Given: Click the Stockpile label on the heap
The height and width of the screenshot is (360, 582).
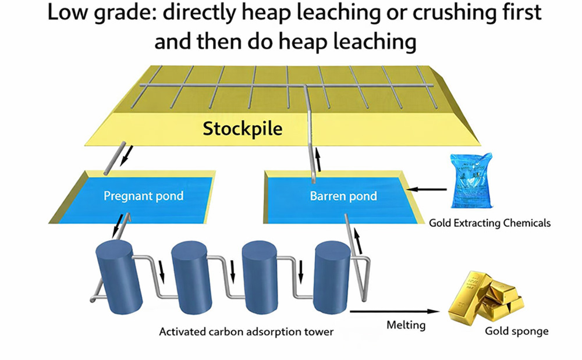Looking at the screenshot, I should (x=242, y=129).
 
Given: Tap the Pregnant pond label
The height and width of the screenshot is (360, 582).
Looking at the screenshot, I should (x=143, y=196).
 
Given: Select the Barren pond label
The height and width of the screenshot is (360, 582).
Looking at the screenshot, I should (x=343, y=196).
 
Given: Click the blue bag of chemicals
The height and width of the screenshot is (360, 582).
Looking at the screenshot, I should (x=471, y=181).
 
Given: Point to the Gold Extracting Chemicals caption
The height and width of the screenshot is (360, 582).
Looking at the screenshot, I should (x=489, y=223).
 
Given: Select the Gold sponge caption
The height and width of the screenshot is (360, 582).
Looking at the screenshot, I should (x=517, y=332).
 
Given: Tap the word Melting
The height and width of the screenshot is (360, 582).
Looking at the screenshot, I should (x=406, y=325).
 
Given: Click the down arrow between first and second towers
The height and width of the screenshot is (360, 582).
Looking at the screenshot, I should (x=162, y=270).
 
